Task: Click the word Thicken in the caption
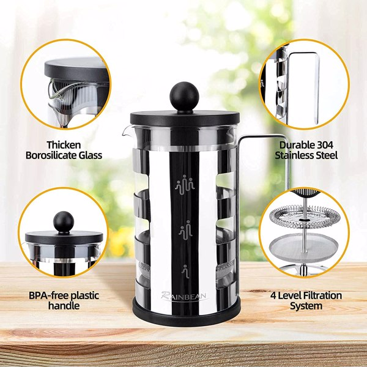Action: pos(64,145)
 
